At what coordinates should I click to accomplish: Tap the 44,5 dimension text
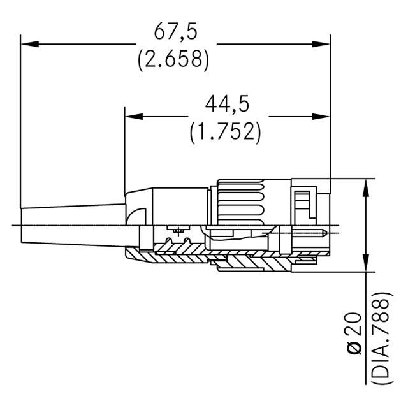[226, 104]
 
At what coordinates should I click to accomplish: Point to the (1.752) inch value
[226, 131]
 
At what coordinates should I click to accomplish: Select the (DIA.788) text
[380, 339]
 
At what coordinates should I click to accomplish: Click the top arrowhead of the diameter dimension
[366, 186]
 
